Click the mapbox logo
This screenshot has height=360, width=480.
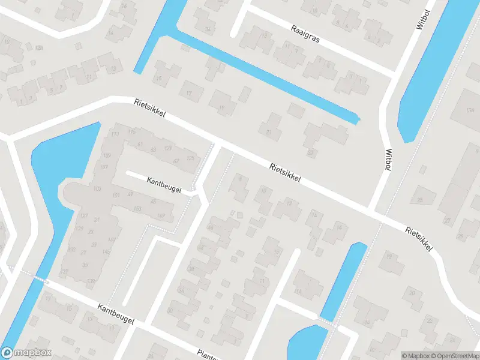26,353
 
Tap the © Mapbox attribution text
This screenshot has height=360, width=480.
416,355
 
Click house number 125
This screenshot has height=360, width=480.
191,158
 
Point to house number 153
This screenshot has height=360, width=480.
137,209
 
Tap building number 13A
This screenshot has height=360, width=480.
470,110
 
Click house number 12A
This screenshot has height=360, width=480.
40,48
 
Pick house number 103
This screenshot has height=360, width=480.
98,189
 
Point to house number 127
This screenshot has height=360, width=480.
84,216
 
